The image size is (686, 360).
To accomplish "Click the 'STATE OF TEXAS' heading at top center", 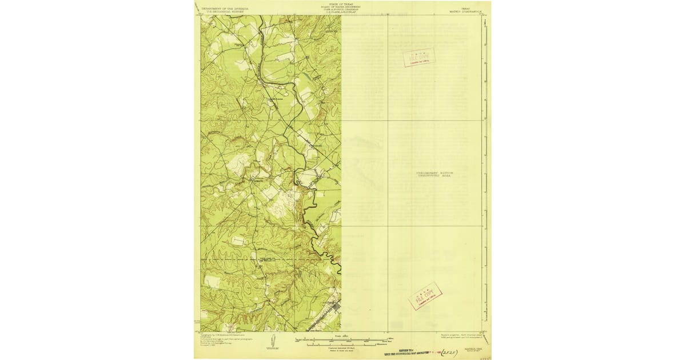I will pos(341,3).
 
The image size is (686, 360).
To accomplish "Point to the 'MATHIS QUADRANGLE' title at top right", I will pos(469,11).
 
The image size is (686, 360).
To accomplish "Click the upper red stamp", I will pos(419,57).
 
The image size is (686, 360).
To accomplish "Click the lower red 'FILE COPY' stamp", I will pos(425,296).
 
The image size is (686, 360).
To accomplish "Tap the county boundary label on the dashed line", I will pos(268,260).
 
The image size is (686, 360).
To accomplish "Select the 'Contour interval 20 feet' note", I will pos(341,348).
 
